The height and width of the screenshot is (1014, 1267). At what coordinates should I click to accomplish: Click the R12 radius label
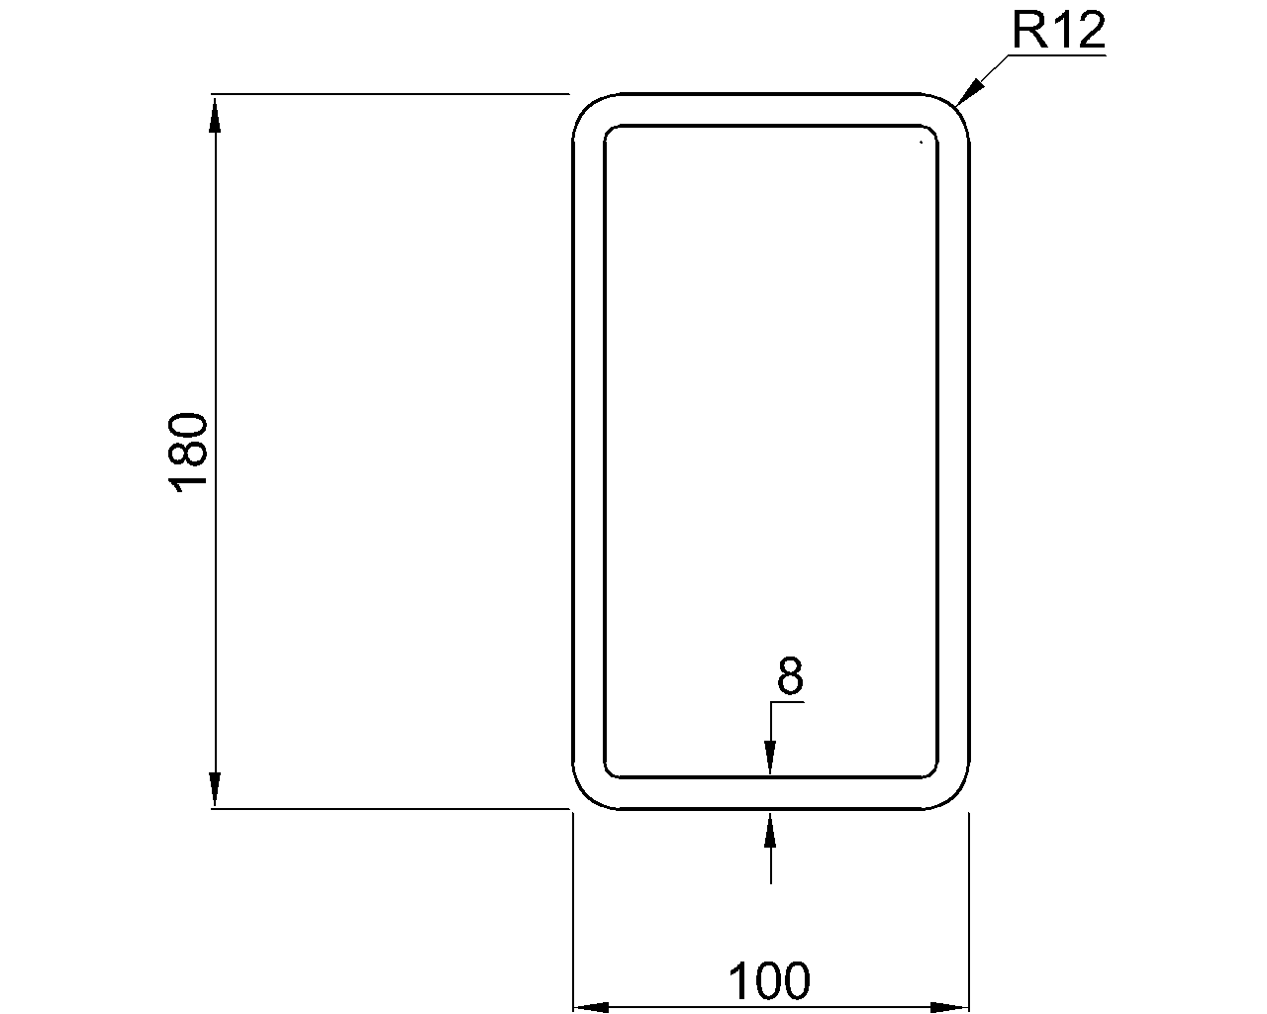point(1057,33)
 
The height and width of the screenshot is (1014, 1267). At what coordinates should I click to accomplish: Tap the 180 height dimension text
point(189,453)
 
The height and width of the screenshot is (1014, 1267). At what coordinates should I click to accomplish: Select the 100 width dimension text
point(769,981)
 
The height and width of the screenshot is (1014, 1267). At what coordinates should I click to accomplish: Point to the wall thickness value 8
point(790,677)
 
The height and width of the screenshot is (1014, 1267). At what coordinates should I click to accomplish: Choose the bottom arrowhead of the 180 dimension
point(214,790)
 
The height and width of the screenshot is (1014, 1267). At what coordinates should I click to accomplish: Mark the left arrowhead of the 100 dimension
point(592,1007)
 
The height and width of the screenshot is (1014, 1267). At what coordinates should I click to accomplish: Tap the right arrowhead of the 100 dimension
point(950,1007)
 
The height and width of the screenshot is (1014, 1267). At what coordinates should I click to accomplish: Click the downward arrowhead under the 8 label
point(770,759)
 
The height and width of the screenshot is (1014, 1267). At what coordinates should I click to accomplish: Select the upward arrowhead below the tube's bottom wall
point(770,828)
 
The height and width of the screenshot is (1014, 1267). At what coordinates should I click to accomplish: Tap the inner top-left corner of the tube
point(611,132)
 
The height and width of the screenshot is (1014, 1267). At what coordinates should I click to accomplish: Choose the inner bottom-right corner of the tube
point(931,771)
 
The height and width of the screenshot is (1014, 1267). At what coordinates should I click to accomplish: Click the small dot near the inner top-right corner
point(921,143)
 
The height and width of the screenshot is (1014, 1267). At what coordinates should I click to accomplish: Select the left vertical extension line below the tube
point(574,911)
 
